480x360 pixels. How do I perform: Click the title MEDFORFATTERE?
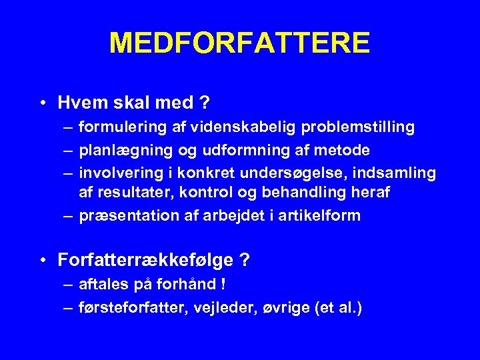[x=239, y=43]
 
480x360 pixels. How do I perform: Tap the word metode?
[x=346, y=150]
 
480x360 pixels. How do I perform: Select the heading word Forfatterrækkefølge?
[x=144, y=259]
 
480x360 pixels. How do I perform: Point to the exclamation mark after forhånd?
[x=223, y=284]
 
